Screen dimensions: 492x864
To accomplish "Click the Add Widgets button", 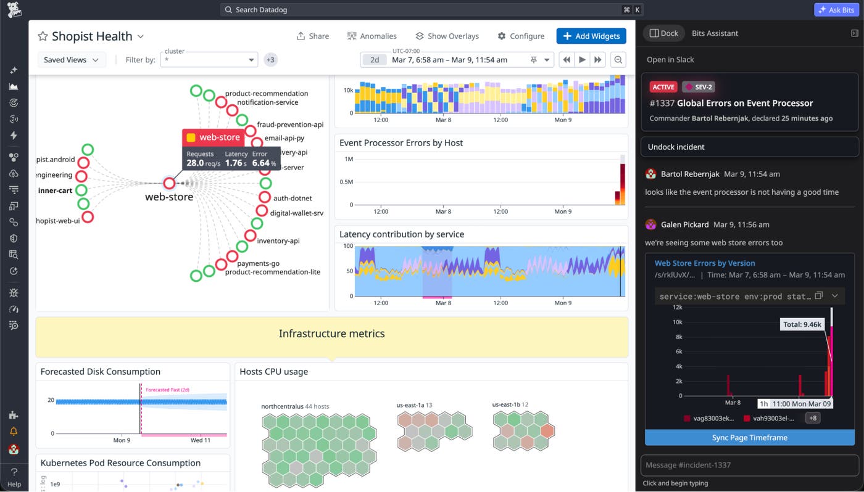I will click(591, 36).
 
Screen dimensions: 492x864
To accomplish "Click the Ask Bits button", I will click(836, 10).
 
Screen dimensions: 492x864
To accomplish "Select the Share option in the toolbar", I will click(312, 36).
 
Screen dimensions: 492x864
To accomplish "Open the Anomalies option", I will click(372, 36).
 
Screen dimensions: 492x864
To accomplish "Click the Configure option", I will click(521, 36).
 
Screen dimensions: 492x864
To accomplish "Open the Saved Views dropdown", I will click(71, 60).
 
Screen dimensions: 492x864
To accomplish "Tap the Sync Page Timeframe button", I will click(749, 438).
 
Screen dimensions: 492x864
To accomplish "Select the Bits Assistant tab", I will click(715, 33).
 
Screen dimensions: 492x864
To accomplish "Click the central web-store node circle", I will click(169, 183).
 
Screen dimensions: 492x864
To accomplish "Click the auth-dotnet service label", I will click(293, 199).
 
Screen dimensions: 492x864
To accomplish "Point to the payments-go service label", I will click(259, 263).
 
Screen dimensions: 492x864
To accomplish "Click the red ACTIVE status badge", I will click(663, 87).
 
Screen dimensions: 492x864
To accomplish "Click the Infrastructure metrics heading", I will click(331, 334).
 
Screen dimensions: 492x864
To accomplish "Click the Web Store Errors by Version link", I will click(705, 263).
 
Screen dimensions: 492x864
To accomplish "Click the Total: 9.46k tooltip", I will click(801, 324).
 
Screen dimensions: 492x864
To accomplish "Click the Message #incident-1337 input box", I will click(749, 465).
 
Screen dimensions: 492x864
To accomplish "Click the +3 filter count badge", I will click(270, 60).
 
